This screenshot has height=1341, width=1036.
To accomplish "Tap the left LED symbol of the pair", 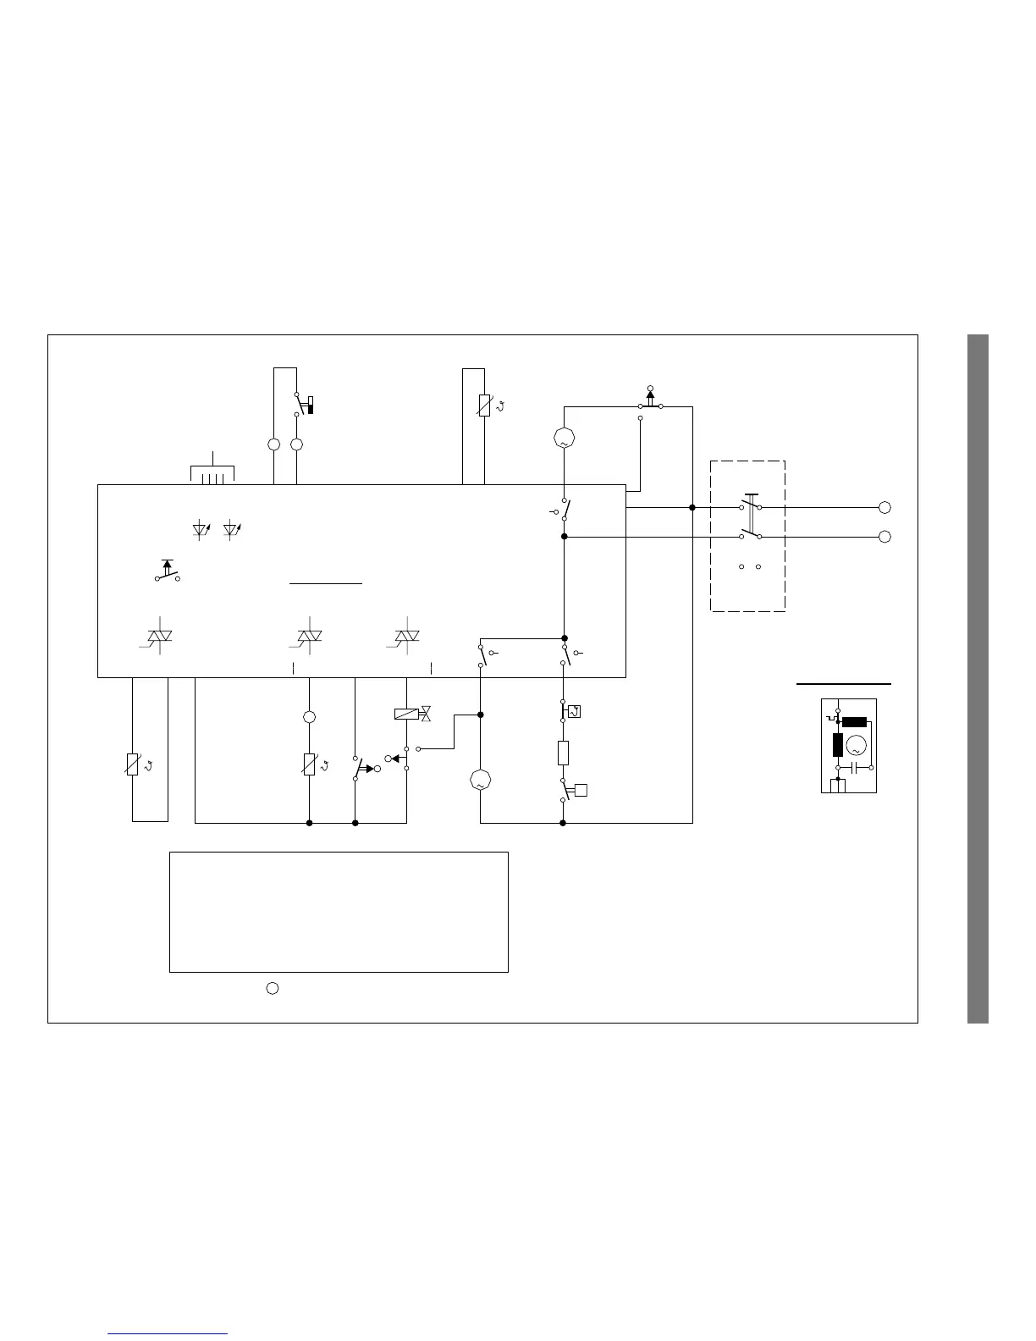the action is pos(201,530).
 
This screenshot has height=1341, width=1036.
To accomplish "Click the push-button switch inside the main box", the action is pos(167,572).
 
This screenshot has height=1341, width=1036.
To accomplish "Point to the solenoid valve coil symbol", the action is pos(406,714).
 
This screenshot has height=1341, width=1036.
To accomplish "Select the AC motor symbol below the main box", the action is pos(480,781).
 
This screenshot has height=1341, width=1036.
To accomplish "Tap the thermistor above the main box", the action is pos(484,406).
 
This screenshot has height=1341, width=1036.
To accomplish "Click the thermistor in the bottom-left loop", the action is pos(132,764).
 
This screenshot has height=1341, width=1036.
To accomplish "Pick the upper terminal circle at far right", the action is pos(884,507).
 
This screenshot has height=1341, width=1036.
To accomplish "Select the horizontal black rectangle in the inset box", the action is pos(854,722).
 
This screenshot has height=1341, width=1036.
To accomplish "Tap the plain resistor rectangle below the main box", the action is pos(563,752).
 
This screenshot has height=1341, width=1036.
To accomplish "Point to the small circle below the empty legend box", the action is pos(273,987).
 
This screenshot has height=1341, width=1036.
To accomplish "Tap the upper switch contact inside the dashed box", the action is pos(750,505).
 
